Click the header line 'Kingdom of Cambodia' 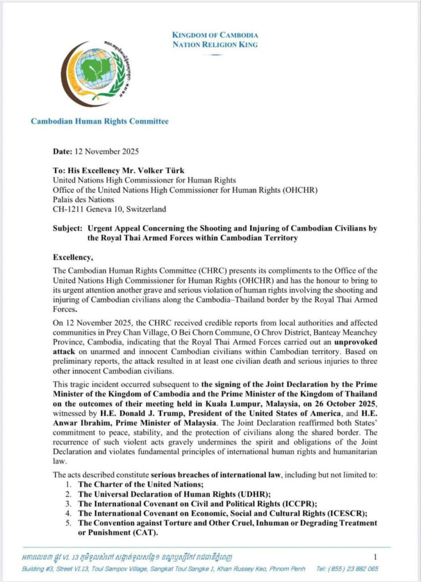[215, 35]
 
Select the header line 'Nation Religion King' [215, 44]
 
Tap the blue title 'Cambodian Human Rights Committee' [100, 121]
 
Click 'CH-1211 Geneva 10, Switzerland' [109, 209]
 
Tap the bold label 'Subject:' [68, 227]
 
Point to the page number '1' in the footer [375, 556]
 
